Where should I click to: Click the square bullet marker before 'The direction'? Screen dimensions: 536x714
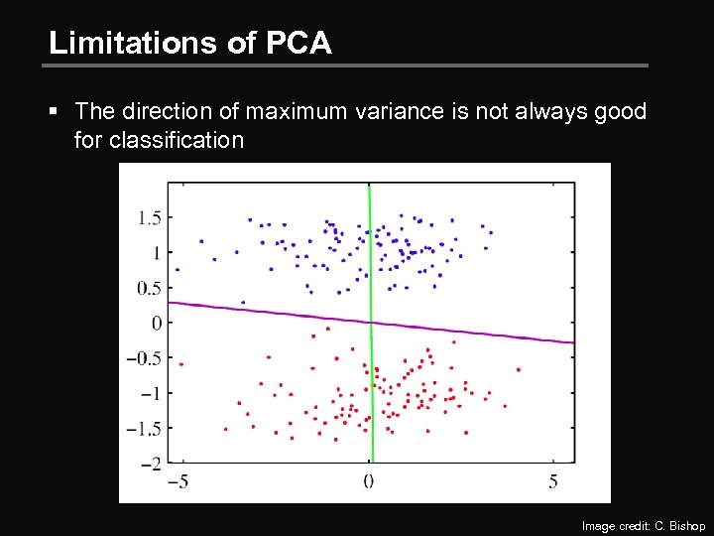tap(59, 112)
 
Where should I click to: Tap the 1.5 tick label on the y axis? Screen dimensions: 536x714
tap(150, 217)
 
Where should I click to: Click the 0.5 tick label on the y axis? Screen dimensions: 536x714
tap(150, 288)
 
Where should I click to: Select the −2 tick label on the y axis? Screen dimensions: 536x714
tap(152, 464)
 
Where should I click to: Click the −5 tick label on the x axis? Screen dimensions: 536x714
tap(177, 481)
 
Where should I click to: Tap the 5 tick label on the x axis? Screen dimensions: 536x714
tap(553, 481)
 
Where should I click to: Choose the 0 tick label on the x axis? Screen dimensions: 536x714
tap(368, 481)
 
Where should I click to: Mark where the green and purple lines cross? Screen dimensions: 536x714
tap(371, 322)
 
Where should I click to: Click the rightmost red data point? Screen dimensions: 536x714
tap(519, 369)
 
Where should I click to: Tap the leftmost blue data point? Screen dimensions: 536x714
tap(178, 269)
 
